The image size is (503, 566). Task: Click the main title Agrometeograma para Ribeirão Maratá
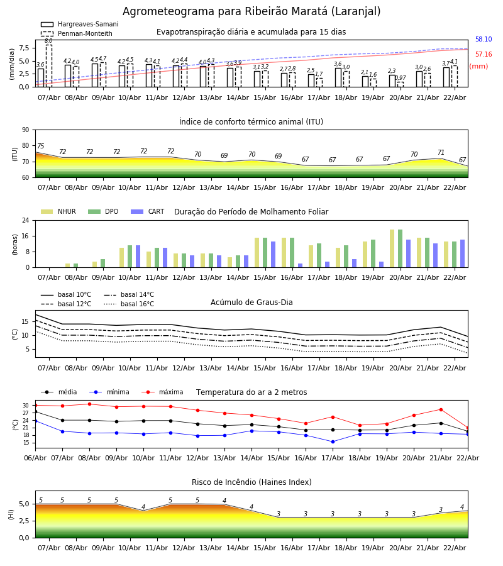(251, 12)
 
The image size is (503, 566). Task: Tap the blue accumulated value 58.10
(483, 40)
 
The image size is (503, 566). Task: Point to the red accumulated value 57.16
(483, 55)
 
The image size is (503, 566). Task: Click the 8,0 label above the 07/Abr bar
(48, 41)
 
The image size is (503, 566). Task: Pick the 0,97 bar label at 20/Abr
(401, 78)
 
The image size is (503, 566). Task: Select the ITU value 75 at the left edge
(40, 147)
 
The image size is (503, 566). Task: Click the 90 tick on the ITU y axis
(25, 130)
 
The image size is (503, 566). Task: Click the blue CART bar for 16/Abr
(300, 265)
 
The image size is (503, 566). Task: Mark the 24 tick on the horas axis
(25, 221)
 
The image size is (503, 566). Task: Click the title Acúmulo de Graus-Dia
(251, 302)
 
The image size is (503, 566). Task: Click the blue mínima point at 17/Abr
(333, 441)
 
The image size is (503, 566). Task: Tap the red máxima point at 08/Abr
(89, 404)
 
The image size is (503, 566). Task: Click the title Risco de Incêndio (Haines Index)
(251, 482)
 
